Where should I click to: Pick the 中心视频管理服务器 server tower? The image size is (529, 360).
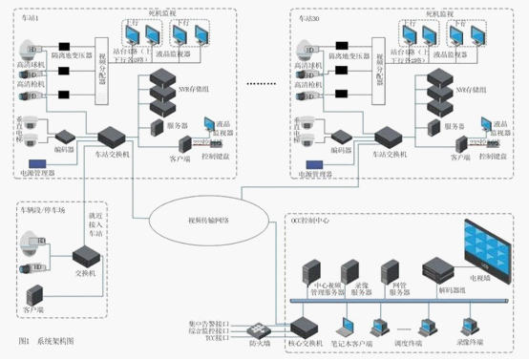pos(309,272)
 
